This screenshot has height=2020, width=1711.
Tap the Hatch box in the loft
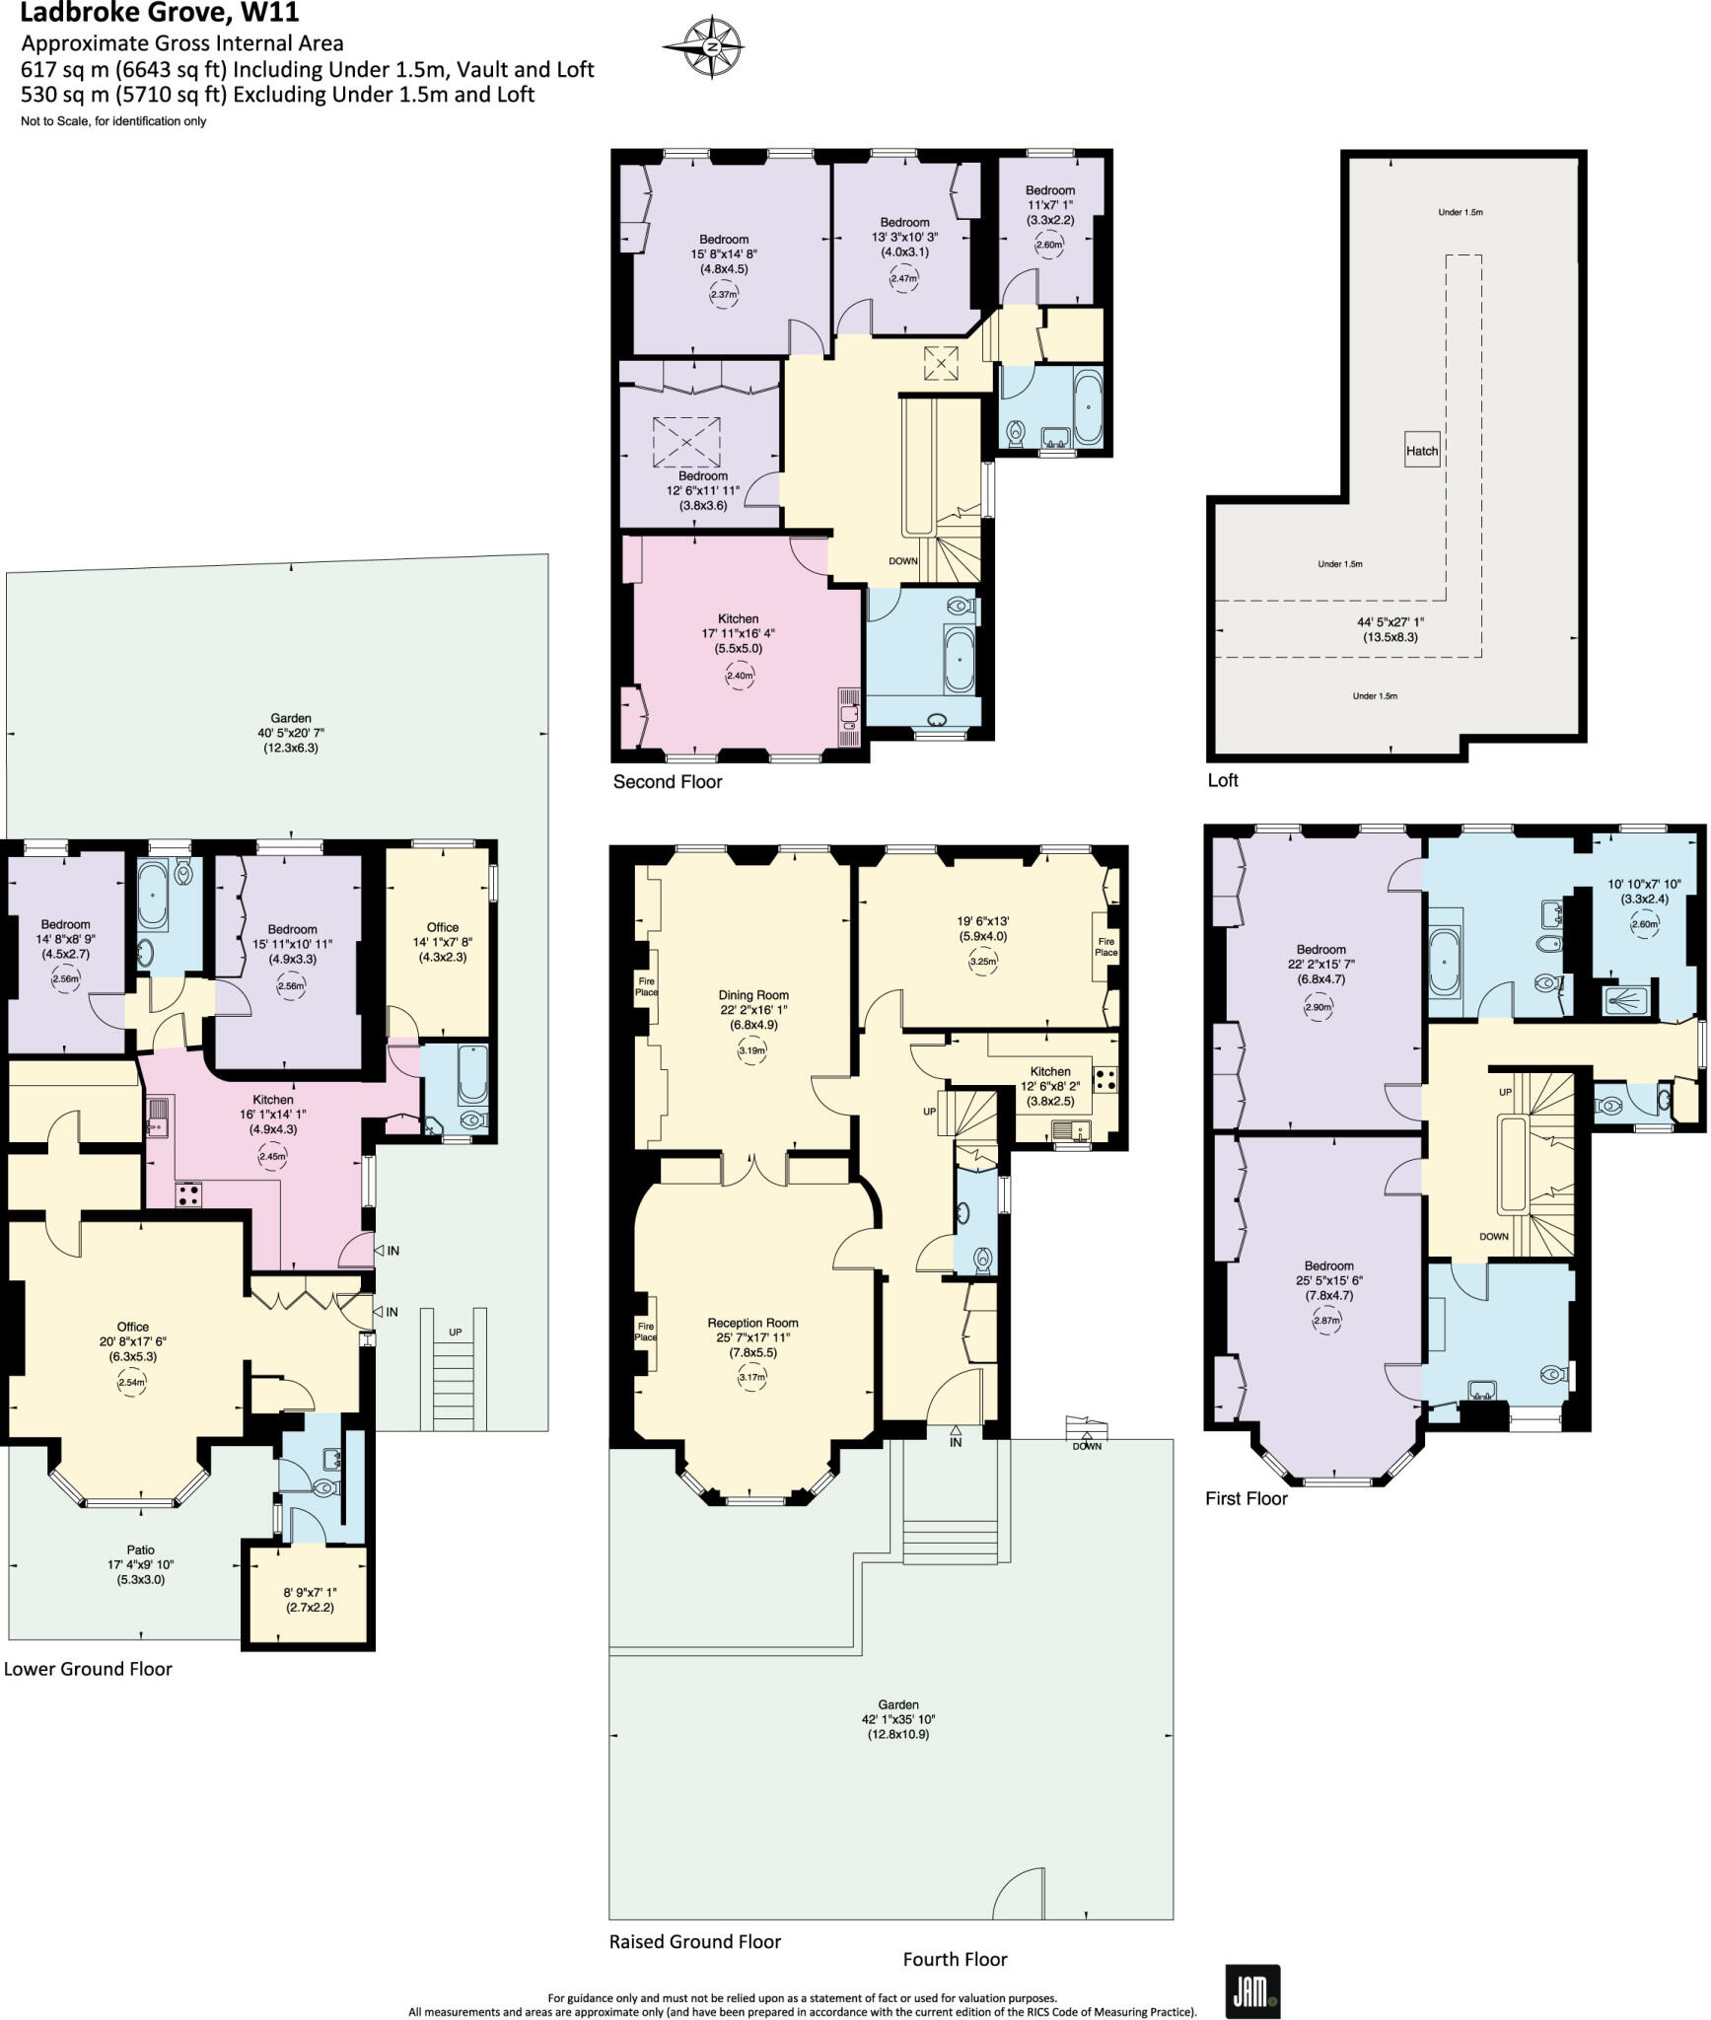1421,451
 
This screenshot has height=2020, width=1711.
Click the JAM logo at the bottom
1251,1991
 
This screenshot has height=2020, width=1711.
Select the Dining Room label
752,995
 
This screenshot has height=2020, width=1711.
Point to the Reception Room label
752,1323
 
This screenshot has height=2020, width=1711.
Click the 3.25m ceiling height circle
983,962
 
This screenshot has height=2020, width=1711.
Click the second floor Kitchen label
738,618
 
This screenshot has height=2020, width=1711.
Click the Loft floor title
1222,780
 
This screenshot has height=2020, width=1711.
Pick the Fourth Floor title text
955,1959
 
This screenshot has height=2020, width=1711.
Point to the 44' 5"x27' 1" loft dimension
1390,622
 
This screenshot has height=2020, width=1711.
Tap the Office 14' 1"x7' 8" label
442,927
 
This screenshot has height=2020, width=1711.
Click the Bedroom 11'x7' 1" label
1049,190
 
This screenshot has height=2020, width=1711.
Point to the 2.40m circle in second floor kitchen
739,676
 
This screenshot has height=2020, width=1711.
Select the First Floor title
1247,1498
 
